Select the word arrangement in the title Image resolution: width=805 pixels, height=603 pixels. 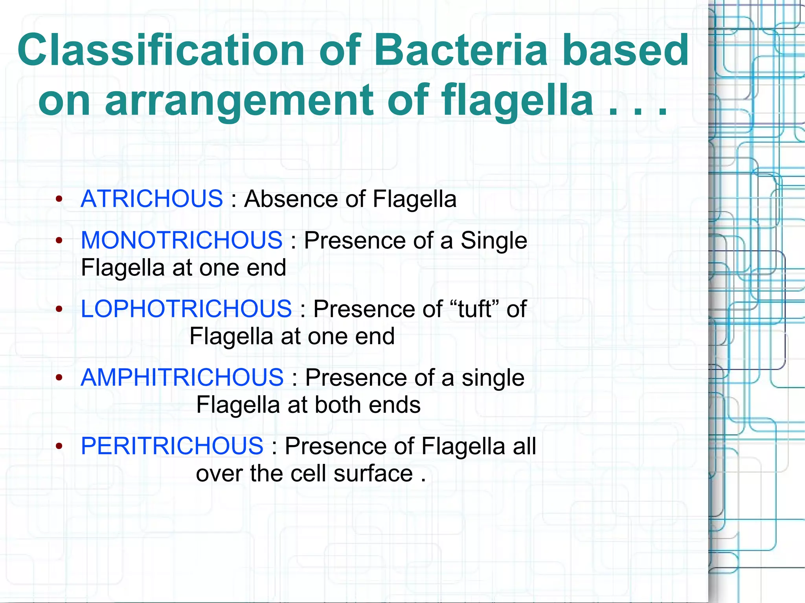(x=239, y=101)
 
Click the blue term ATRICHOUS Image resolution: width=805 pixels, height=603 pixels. (x=152, y=198)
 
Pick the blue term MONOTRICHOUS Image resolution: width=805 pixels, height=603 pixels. (x=182, y=240)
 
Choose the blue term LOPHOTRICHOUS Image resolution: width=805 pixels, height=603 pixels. (x=186, y=309)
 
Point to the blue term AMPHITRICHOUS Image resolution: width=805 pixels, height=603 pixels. (x=182, y=378)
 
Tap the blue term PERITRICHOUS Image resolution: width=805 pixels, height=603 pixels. (x=172, y=446)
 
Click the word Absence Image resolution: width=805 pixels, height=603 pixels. (x=290, y=198)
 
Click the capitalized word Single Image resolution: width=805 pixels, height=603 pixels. (x=494, y=240)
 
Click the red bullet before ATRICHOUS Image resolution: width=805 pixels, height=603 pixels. (x=59, y=199)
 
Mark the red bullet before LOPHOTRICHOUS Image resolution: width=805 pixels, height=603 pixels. (x=59, y=310)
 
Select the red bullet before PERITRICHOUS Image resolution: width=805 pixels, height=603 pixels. (x=59, y=447)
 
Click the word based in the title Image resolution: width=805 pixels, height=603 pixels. (x=626, y=50)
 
